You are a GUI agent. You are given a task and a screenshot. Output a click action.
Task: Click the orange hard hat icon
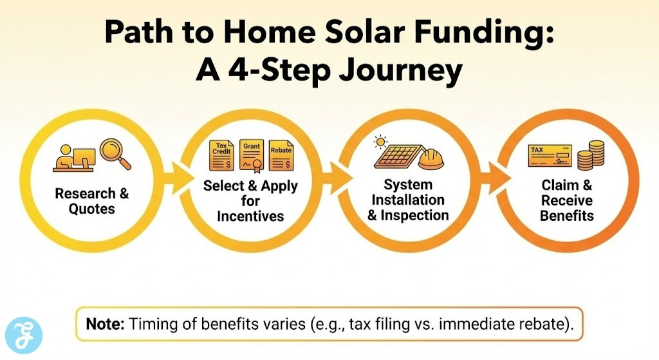[431, 156]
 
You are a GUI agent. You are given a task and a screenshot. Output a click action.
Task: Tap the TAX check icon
[548, 156]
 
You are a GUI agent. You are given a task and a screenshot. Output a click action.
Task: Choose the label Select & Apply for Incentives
[250, 201]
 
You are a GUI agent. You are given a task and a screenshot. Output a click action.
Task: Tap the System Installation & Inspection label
[408, 200]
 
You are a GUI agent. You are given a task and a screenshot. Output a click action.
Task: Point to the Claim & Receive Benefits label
[566, 200]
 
